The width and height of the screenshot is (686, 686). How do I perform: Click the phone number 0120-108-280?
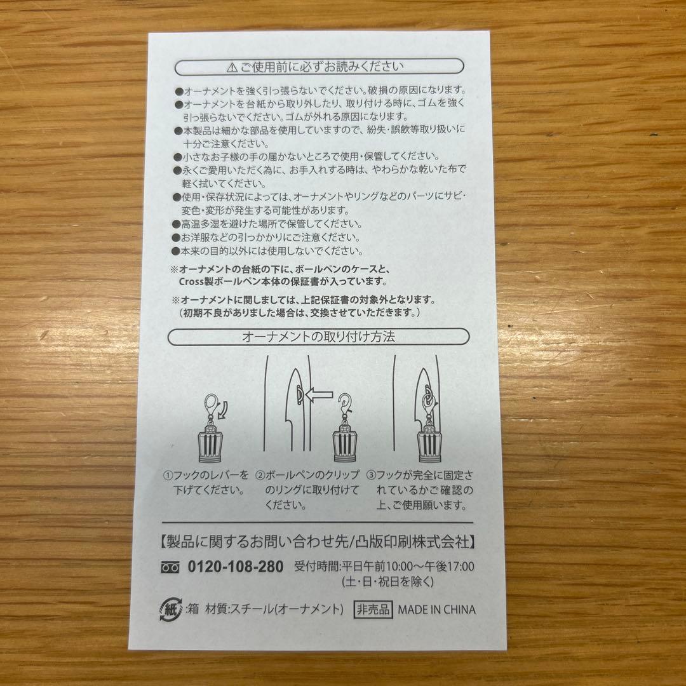point(236,567)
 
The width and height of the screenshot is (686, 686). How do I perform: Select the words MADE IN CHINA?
point(436,609)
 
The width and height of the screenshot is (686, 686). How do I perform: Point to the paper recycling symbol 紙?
point(166,609)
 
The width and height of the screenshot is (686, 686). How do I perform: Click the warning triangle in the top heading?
point(231,66)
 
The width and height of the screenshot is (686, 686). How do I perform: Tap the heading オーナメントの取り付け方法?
point(319,337)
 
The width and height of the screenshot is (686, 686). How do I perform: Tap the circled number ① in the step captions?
point(168,475)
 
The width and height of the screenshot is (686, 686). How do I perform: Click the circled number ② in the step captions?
point(260,475)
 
